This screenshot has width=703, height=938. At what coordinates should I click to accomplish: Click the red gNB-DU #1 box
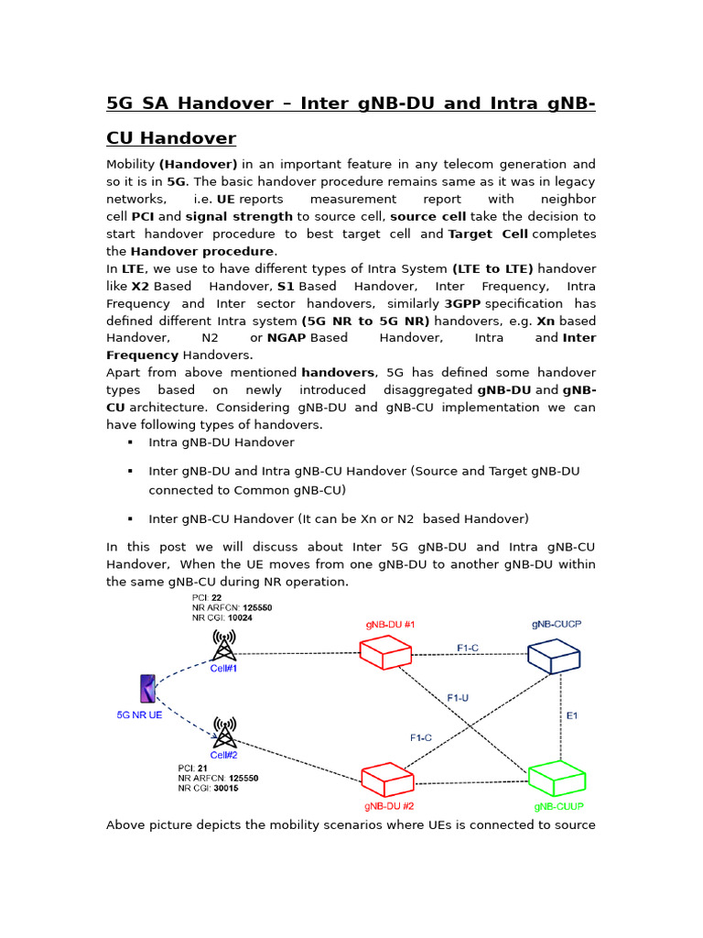coord(384,652)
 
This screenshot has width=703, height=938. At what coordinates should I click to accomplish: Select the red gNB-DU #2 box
coord(387,780)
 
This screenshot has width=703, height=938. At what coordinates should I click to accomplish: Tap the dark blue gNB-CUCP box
coord(554,654)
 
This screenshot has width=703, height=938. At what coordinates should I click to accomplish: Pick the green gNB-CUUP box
coord(557,779)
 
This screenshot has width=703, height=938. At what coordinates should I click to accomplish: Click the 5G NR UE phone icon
coord(147,689)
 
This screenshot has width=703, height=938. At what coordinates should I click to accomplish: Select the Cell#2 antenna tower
coord(223,732)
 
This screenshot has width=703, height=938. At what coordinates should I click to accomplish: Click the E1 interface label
coord(572,715)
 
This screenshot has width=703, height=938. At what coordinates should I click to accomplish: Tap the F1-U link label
coord(458,697)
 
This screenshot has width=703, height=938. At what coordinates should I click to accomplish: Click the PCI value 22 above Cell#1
coord(216,597)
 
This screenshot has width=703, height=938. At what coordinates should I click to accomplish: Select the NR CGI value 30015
coord(222,788)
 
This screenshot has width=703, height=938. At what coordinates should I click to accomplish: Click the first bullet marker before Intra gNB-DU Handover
coord(131,442)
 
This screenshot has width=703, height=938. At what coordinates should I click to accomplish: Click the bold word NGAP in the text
coord(287,338)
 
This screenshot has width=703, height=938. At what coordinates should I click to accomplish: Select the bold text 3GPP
coord(462,303)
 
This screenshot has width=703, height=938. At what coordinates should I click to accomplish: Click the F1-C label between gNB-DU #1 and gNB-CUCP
coord(467,648)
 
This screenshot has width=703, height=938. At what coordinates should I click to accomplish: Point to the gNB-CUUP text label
coord(558,807)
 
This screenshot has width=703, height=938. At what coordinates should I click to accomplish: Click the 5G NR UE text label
coord(139,714)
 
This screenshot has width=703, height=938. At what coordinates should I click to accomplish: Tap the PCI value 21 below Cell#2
coord(216,768)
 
